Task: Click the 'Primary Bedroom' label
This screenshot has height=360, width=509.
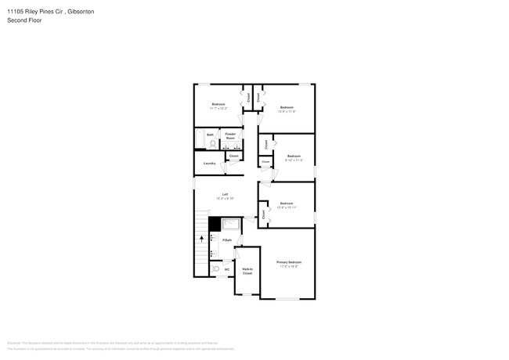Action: (288, 261)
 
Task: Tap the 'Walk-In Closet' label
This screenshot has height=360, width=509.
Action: (247, 271)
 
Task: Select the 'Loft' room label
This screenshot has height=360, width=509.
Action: (225, 194)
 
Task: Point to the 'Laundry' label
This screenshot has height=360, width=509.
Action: (210, 163)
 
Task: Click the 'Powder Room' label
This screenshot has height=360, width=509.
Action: (231, 135)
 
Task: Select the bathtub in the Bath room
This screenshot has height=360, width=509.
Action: (199, 139)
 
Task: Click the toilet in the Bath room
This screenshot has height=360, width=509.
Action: (212, 142)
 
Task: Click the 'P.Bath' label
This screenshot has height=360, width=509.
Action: (227, 239)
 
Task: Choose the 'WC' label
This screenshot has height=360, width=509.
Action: (227, 270)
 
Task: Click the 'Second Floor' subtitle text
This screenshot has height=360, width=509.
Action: (24, 20)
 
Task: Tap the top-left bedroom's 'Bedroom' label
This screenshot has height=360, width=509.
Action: (218, 104)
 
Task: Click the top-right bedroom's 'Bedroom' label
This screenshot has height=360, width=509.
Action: (287, 106)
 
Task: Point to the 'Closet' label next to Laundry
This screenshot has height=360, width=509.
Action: (233, 156)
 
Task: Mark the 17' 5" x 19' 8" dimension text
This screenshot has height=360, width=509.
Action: (288, 267)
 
